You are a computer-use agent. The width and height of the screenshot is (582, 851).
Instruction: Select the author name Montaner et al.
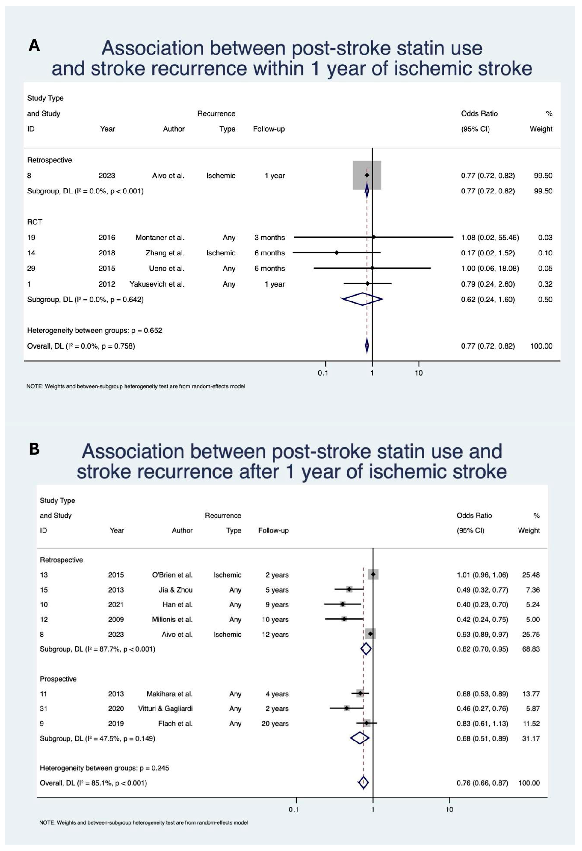[x=160, y=238]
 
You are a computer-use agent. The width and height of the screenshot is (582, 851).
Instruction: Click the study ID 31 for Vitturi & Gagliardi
[x=44, y=709]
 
